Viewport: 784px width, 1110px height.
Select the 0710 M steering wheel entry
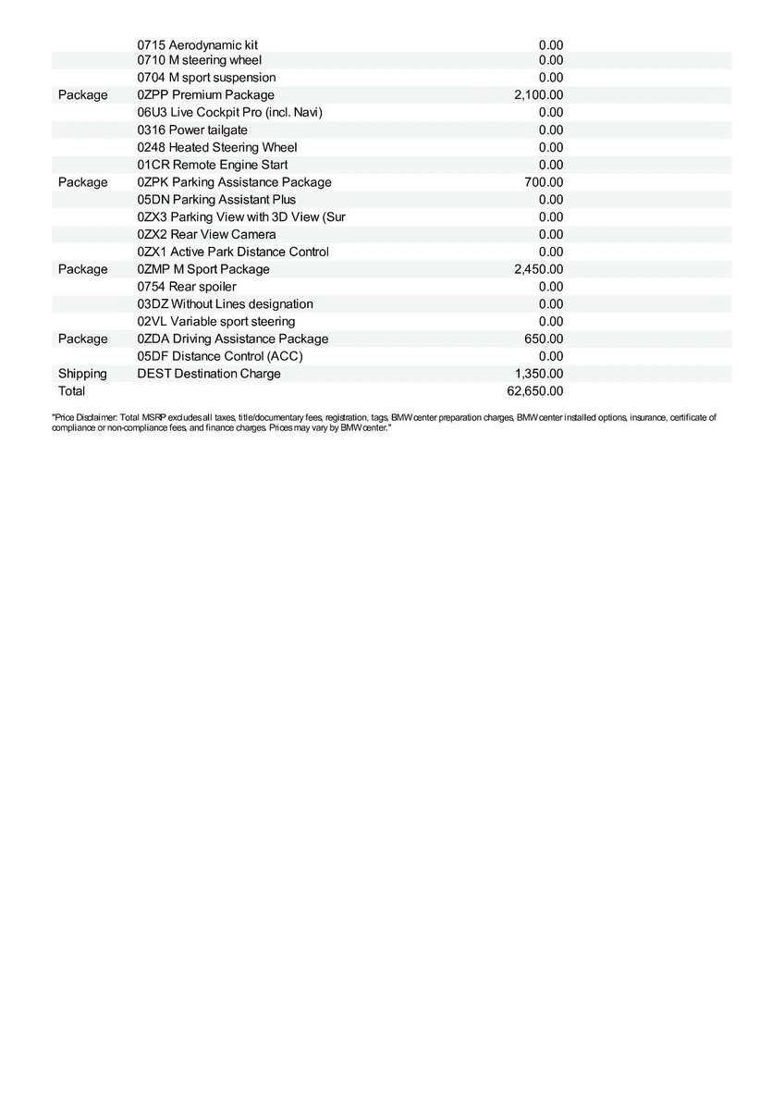coord(199,60)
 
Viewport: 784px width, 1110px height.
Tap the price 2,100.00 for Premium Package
coord(538,94)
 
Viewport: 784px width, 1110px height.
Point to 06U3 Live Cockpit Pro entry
coord(229,112)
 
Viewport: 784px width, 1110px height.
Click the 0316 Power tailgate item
coord(192,129)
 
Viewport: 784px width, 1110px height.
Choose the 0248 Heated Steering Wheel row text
coord(217,147)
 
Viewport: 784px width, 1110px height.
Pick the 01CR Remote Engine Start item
coord(212,165)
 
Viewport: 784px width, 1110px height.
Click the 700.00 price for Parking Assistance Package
coord(544,182)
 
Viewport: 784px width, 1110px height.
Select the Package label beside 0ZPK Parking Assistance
coord(82,182)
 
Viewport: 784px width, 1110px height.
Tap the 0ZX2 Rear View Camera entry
coord(206,234)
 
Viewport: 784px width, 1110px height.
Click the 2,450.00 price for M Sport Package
coord(538,269)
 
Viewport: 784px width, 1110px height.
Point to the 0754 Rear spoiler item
coord(186,287)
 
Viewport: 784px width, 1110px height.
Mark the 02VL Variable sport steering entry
coord(216,321)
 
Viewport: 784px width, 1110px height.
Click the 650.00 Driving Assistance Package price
coord(544,339)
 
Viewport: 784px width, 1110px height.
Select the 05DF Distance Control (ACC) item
coord(220,356)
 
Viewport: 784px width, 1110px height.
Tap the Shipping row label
coord(82,374)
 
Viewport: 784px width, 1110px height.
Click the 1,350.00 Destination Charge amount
coord(538,374)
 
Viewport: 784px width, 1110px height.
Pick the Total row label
coord(71,391)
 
